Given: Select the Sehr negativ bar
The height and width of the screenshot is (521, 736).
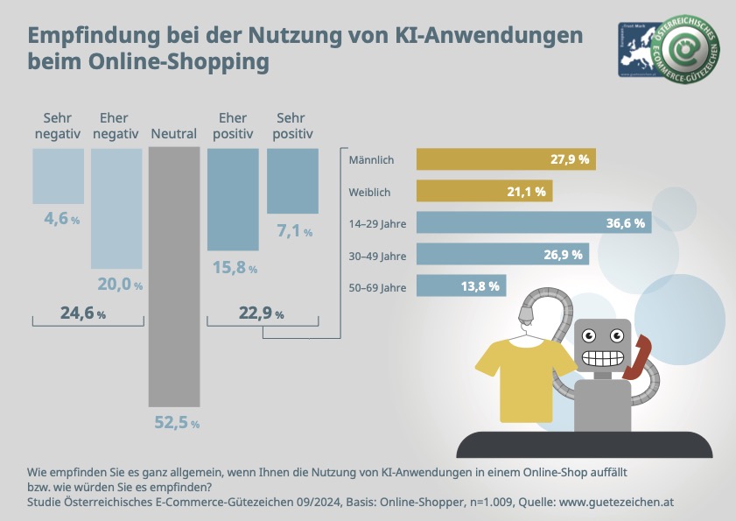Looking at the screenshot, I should pyautogui.click(x=59, y=176).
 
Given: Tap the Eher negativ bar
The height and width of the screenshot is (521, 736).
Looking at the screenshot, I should pyautogui.click(x=116, y=208).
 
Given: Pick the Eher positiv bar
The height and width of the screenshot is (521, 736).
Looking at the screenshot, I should pyautogui.click(x=233, y=200).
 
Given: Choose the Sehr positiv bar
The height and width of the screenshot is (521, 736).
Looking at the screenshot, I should pyautogui.click(x=291, y=181).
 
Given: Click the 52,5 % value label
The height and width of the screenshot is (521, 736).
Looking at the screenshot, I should pyautogui.click(x=177, y=423).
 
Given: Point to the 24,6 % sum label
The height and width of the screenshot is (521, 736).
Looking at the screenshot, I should pyautogui.click(x=83, y=313).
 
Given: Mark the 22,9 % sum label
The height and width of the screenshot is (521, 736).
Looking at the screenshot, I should pyautogui.click(x=260, y=313).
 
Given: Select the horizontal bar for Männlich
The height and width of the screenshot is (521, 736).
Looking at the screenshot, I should pyautogui.click(x=506, y=159).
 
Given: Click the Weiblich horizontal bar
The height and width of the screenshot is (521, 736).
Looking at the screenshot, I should pyautogui.click(x=484, y=191).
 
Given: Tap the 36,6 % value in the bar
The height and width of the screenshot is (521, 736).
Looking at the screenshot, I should pyautogui.click(x=626, y=223).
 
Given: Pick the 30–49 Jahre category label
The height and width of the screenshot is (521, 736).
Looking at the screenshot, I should pyautogui.click(x=377, y=255).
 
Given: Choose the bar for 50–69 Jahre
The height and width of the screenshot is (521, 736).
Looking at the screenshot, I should pyautogui.click(x=461, y=285).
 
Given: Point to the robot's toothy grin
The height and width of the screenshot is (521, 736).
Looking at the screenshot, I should pyautogui.click(x=604, y=358).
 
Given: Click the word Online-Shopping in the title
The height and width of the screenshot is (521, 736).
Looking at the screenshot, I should pyautogui.click(x=187, y=63).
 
